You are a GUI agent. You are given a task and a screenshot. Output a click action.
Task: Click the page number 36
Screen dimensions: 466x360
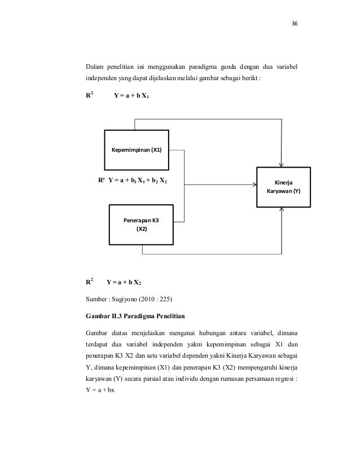point(294,25)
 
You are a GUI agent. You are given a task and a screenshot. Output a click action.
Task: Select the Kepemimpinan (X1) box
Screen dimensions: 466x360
point(136,150)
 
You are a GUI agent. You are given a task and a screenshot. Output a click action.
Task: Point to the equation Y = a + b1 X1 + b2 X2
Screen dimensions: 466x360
point(137,181)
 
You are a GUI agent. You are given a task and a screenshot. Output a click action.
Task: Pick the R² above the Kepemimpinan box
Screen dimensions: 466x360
point(89,95)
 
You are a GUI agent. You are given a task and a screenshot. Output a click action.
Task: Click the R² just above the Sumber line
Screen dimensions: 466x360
point(89,280)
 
